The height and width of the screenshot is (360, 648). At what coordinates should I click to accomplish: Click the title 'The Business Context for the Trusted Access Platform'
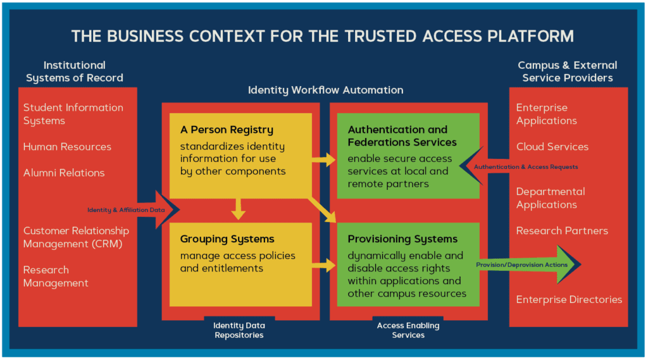pyautogui.click(x=323, y=35)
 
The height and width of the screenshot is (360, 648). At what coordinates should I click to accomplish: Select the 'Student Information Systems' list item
pyautogui.click(x=73, y=114)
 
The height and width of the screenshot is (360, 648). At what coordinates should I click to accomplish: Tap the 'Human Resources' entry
pyautogui.click(x=67, y=147)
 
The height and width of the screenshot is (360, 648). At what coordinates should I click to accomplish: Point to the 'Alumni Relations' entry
pyautogui.click(x=64, y=173)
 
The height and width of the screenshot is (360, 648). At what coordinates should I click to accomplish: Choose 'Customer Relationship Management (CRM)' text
pyautogui.click(x=76, y=237)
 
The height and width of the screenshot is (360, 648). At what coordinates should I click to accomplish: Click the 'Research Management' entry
pyautogui.click(x=56, y=276)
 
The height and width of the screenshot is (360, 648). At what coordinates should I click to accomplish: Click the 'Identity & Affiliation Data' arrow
pyautogui.click(x=133, y=210)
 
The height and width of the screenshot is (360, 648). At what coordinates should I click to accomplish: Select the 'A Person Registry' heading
pyautogui.click(x=227, y=130)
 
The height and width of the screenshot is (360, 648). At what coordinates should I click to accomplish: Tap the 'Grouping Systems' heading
pyautogui.click(x=227, y=239)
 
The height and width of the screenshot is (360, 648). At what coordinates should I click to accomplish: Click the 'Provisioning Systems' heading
pyautogui.click(x=402, y=239)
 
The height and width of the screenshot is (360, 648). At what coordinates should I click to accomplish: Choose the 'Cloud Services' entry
pyautogui.click(x=552, y=147)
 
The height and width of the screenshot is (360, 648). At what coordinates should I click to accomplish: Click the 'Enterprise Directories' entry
pyautogui.click(x=569, y=300)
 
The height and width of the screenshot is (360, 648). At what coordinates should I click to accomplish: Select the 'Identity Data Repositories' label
pyautogui.click(x=239, y=330)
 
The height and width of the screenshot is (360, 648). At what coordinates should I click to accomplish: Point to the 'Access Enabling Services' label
pyautogui.click(x=408, y=330)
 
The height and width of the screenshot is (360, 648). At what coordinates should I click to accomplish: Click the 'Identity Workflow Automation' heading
pyautogui.click(x=325, y=90)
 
